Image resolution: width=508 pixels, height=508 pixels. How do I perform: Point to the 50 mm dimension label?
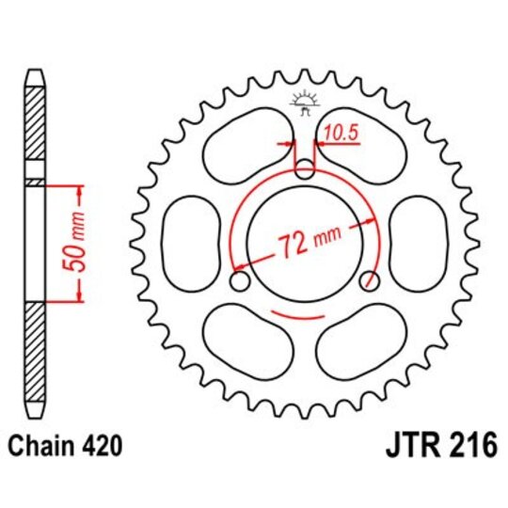pos(81,244)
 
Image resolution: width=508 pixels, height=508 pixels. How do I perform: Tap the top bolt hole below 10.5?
pos(304,170)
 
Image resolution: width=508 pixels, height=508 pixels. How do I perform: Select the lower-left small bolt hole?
pos(238,281)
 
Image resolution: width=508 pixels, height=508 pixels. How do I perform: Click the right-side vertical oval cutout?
pos(417,243)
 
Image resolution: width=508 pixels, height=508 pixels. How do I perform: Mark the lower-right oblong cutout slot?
pos(362,341)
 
